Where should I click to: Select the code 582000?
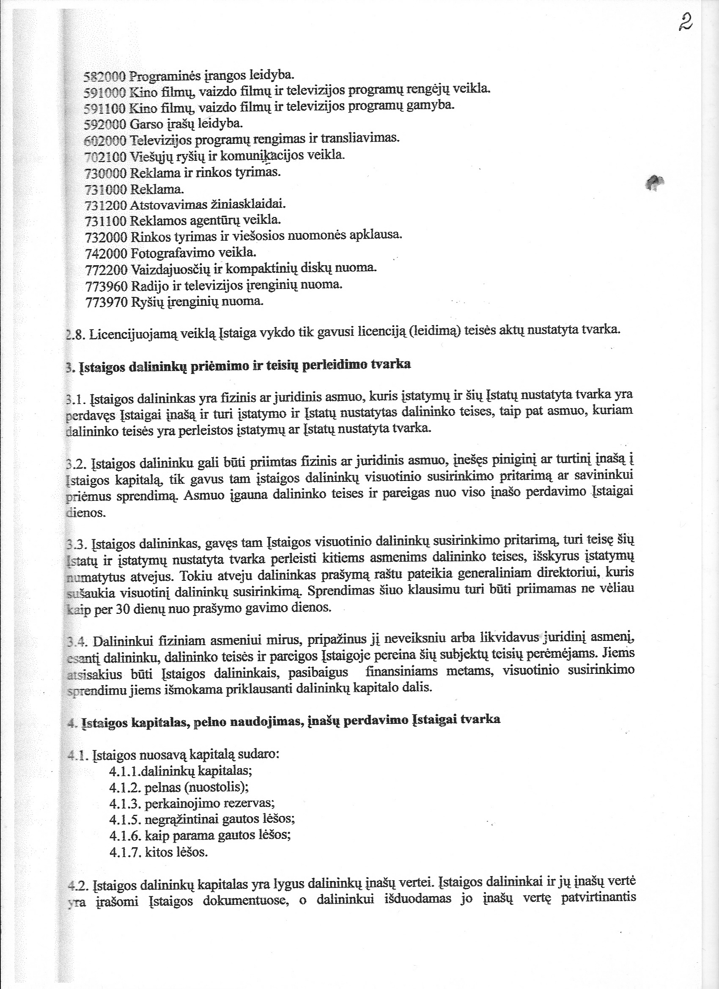click(104, 76)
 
